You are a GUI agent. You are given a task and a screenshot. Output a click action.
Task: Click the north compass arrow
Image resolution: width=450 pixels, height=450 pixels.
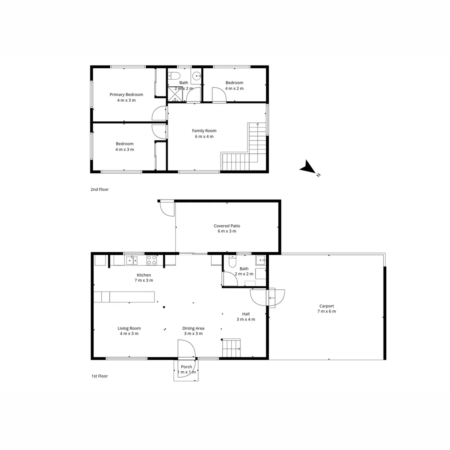click(x=309, y=167)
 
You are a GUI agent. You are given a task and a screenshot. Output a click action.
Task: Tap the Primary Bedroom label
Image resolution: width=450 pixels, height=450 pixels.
click(x=126, y=95)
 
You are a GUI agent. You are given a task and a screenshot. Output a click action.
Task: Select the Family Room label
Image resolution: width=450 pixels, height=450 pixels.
click(x=204, y=131)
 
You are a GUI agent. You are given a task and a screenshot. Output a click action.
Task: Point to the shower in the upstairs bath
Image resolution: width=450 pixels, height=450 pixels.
click(x=175, y=94)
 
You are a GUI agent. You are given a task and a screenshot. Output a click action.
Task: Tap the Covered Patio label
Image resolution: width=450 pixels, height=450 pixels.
click(x=227, y=226)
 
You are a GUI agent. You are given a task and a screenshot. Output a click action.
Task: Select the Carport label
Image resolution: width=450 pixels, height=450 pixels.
click(x=327, y=306)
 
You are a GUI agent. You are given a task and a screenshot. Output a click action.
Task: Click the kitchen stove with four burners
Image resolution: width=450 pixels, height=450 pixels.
click(x=152, y=260)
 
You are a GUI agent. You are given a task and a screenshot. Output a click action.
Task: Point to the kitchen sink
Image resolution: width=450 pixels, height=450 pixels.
click(x=131, y=260)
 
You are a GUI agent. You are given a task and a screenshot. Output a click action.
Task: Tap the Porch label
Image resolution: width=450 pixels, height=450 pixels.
click(x=186, y=367)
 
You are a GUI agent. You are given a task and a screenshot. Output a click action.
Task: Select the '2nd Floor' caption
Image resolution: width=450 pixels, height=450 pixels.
click(x=100, y=190)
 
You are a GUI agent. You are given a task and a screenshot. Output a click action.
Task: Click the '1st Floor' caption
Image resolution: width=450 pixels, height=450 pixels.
click(x=100, y=376)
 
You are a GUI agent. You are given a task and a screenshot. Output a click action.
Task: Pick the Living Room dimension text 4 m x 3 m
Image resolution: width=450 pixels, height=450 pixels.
click(x=129, y=334)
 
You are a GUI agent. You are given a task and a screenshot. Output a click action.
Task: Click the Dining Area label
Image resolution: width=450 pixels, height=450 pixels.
click(x=193, y=328)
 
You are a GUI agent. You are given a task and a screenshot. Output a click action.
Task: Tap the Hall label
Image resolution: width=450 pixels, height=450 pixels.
click(x=246, y=314)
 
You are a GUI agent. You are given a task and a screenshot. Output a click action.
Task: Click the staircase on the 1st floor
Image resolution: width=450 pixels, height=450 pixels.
click(x=231, y=348)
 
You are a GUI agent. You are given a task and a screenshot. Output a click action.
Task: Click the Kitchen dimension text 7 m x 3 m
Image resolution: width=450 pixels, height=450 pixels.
click(x=144, y=280)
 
